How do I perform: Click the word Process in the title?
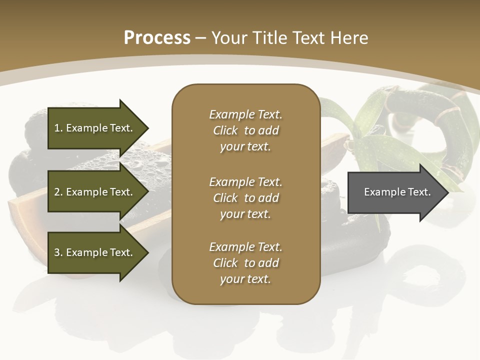pos(157,38)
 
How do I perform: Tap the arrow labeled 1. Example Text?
pos(95,128)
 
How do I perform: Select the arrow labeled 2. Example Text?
pos(95,192)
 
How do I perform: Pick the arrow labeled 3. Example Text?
pos(95,252)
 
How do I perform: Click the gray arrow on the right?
pos(395,192)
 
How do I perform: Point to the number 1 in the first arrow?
pos(57,128)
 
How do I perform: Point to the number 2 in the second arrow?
pos(57,192)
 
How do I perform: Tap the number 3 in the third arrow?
pos(57,252)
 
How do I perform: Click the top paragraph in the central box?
pos(245,130)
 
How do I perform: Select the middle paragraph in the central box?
pos(245,198)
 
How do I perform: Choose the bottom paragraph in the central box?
pos(245,263)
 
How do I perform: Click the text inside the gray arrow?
pos(397,192)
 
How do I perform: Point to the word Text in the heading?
pos(309,38)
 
